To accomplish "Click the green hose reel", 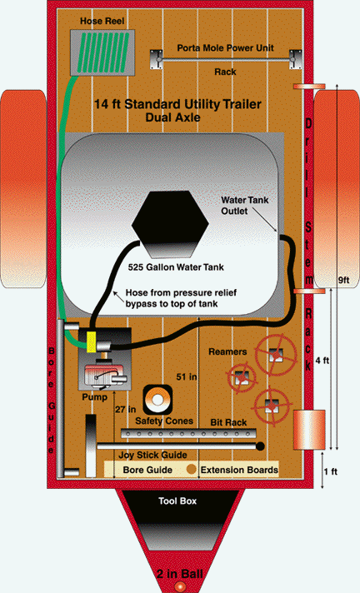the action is point(102,53).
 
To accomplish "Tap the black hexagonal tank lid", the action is point(170,224).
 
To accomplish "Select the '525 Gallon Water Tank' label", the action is point(176,267).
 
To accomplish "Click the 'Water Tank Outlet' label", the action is point(244,206).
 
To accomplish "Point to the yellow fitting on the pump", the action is point(91,341).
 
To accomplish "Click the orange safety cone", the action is point(157,400).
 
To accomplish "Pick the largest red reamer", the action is point(275,355).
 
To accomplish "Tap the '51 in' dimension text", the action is point(186,376).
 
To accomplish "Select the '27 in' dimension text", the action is point(125,409).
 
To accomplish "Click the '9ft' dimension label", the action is point(343,280).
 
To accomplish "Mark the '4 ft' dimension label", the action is point(322,361).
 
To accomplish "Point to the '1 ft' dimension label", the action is point(331,471).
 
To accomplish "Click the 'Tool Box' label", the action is point(177,501).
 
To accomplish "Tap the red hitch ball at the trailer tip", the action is point(180,586).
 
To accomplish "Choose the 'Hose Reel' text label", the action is point(102,21).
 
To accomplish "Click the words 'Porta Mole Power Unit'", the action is point(225,48).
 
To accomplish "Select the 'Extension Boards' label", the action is point(239,470).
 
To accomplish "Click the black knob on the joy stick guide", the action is point(260,446).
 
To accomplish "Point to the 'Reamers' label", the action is point(227,351).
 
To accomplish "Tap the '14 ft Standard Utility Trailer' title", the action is point(177,104).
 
